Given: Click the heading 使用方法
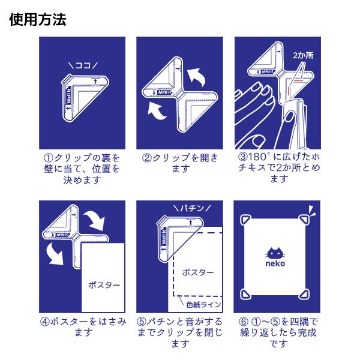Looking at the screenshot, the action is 38,20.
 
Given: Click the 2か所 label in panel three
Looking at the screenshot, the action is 302,55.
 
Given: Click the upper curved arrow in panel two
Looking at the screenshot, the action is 194,77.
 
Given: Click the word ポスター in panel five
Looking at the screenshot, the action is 197,272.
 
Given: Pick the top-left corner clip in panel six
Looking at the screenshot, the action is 245,220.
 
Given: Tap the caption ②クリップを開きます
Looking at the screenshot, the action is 179,163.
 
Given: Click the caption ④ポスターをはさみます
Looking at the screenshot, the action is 82,326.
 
